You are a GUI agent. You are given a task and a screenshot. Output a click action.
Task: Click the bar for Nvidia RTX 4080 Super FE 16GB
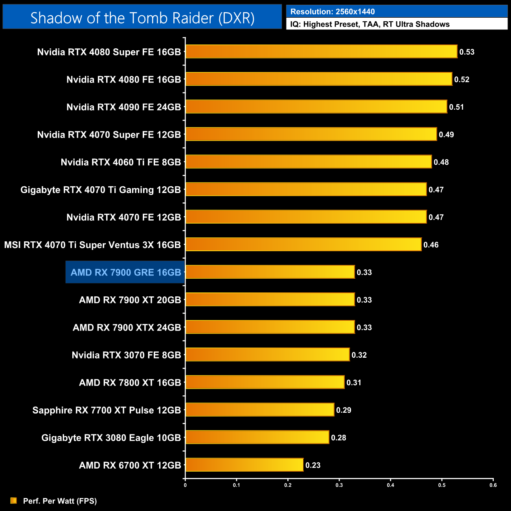coord(321,51)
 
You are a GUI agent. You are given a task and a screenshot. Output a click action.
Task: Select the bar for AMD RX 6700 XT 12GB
coord(244,465)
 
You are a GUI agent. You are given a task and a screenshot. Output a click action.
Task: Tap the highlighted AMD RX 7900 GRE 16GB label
coord(125,272)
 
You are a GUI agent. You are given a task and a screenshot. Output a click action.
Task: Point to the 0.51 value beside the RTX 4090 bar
coord(456,107)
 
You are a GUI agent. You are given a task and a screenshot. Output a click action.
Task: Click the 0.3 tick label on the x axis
coord(339,485)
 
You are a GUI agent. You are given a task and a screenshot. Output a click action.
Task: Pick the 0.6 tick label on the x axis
coord(493,485)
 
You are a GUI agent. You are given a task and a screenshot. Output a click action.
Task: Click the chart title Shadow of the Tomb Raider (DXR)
coord(142,18)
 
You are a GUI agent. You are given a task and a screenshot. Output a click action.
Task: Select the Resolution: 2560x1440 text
coord(333,12)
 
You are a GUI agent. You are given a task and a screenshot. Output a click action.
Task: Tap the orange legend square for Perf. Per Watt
coord(14,500)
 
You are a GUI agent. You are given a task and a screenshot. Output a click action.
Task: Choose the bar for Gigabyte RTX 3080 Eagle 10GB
coord(257,437)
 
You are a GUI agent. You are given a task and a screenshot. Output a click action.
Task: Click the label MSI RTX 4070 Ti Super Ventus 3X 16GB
coord(92,245)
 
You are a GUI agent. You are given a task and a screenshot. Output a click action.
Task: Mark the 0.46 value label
coord(431,245)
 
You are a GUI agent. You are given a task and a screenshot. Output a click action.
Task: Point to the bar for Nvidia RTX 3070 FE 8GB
coord(267,355)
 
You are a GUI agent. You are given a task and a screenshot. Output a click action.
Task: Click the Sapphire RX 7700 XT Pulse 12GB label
coord(107,410)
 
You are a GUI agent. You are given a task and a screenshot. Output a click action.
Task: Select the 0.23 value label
coord(313,465)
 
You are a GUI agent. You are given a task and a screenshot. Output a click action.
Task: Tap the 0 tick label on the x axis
coord(185,485)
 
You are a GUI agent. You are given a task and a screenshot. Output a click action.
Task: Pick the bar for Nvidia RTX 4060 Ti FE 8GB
coord(308,162)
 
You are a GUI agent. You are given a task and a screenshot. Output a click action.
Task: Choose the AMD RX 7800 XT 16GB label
coord(130,383)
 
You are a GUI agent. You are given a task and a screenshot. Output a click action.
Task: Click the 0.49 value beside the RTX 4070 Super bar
coord(446,135)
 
